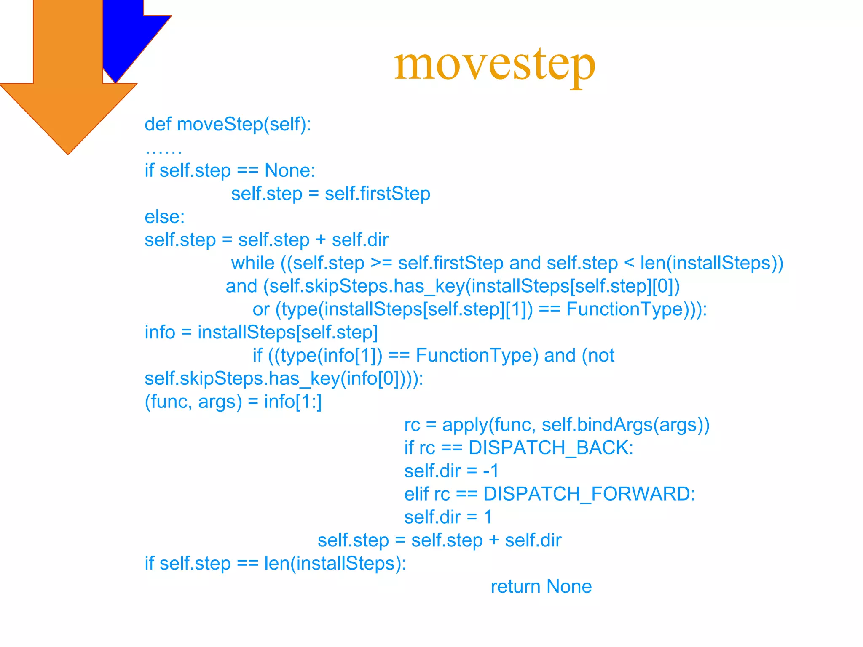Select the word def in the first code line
158,125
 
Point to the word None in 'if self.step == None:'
289,171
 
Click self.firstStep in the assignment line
377,194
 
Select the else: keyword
164,217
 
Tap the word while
252,264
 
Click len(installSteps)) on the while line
711,264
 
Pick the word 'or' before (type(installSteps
261,310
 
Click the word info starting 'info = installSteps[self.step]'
160,333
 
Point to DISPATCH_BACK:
551,448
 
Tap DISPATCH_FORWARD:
589,494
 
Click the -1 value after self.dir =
490,471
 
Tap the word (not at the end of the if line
598,356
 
